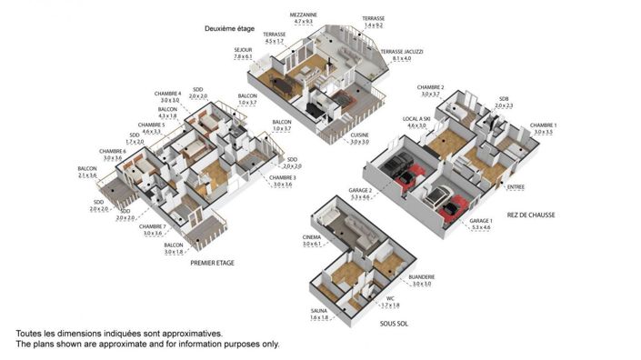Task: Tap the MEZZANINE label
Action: point(303,15)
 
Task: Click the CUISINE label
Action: point(360,135)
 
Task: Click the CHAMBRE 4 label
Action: point(167,94)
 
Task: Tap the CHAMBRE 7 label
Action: point(152,226)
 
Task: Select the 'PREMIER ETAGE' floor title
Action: point(212,263)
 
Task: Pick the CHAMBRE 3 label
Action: point(283,177)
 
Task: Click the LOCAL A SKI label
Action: point(421,118)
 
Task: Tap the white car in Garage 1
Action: point(436,196)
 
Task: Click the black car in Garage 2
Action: point(396,167)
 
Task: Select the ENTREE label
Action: point(516,187)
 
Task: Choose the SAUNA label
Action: point(319,310)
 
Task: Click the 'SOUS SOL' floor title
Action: point(392,322)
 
